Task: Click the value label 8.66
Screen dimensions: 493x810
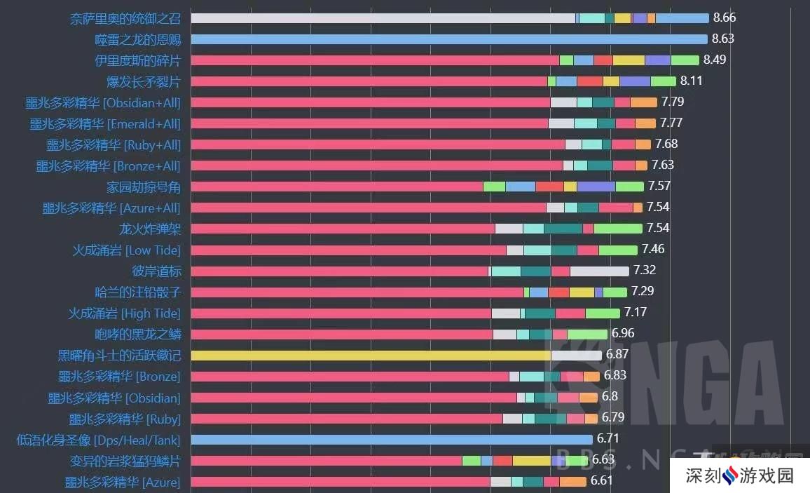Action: click(x=724, y=18)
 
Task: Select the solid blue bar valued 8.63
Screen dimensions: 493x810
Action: click(x=448, y=39)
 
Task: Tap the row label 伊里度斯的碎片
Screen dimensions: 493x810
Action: click(x=137, y=60)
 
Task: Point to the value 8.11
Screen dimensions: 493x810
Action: click(x=691, y=81)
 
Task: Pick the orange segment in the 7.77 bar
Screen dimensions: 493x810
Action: click(x=645, y=123)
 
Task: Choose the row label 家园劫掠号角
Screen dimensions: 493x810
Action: click(x=144, y=187)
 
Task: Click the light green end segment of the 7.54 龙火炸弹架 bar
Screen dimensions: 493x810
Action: click(x=618, y=229)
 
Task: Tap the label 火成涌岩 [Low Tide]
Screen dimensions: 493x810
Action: click(x=126, y=250)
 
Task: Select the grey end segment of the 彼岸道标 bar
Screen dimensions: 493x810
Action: click(x=599, y=271)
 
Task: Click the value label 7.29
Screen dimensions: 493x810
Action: click(x=643, y=291)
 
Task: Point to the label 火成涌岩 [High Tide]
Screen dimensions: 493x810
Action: click(x=124, y=313)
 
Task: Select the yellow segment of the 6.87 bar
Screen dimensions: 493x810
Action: click(x=371, y=355)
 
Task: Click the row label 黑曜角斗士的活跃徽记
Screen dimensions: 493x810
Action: click(x=119, y=355)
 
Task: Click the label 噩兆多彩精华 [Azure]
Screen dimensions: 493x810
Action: click(x=123, y=482)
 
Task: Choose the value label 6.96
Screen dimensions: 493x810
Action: click(x=623, y=333)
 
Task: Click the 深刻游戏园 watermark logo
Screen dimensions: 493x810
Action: click(x=739, y=476)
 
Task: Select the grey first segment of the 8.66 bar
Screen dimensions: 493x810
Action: click(x=383, y=18)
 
